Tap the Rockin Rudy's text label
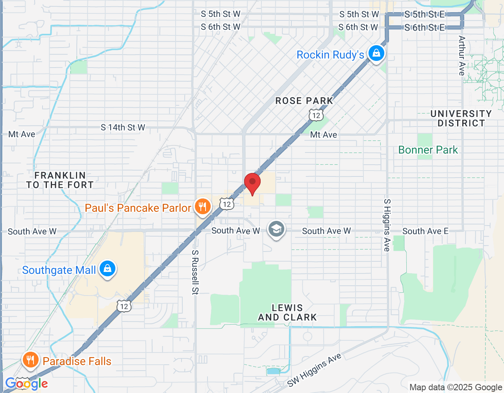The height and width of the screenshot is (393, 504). coord(330,55)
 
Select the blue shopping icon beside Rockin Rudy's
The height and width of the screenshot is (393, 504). coord(376,53)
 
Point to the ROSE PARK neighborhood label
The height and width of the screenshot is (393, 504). coord(304,101)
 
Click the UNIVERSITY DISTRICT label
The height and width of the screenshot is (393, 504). coord(461,118)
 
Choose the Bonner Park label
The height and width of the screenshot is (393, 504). coord(428,150)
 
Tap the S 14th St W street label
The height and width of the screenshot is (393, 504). coord(123,127)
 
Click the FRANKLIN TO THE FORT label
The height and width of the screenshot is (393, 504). coord(60,180)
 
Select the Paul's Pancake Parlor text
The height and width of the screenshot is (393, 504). coord(138,208)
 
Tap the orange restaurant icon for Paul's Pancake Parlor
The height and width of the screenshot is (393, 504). coord(202,206)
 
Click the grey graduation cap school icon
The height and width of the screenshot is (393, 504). coord(276,229)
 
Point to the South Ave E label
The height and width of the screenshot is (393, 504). coord(425,231)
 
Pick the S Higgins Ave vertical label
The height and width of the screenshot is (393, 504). coord(387,225)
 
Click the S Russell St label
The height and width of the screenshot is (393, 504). coord(195,272)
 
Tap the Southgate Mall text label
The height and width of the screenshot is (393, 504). coord(59,270)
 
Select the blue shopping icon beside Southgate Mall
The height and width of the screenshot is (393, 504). coord(107,269)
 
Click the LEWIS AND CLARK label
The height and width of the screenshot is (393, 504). coord(287,312)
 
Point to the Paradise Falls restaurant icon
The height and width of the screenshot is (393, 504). coord(30,360)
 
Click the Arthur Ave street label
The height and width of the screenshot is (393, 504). coord(462,55)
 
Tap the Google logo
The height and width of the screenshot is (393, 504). coord(26,384)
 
